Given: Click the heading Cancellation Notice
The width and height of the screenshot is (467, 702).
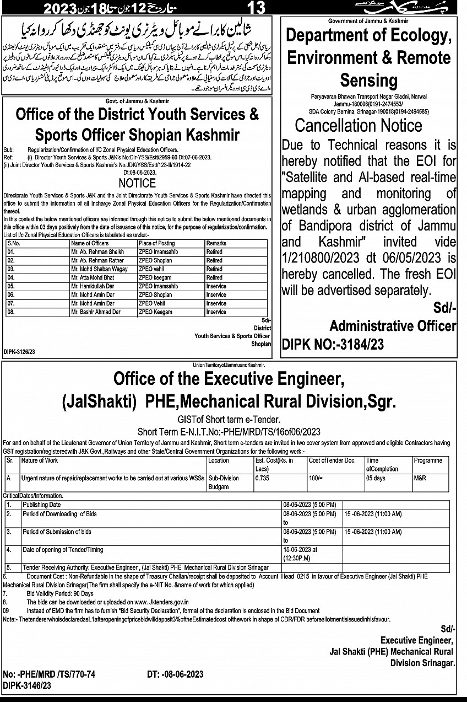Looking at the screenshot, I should pyautogui.click(x=359, y=125).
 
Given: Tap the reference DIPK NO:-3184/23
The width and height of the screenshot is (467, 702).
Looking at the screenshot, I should pyautogui.click(x=333, y=345).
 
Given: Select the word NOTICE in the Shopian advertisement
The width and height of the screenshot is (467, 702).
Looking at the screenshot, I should pyautogui.click(x=137, y=183).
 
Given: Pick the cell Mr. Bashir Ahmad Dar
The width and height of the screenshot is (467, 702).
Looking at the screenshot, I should pyautogui.click(x=96, y=312).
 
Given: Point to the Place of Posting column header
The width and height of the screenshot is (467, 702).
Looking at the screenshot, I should pyautogui.click(x=157, y=243).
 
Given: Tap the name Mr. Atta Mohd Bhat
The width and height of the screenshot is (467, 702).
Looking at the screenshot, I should pyautogui.click(x=93, y=278).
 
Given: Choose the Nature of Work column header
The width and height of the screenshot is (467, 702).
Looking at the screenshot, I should pyautogui.click(x=40, y=460).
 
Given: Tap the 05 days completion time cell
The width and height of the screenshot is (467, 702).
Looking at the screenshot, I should pyautogui.click(x=376, y=478).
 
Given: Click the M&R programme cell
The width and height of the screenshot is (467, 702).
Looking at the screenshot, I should pyautogui.click(x=420, y=478).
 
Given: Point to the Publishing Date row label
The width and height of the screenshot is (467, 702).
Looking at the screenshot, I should pyautogui.click(x=42, y=505).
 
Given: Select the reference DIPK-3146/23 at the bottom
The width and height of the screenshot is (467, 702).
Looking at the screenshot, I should pyautogui.click(x=27, y=685).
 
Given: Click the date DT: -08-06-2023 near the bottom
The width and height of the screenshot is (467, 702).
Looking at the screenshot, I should pyautogui.click(x=176, y=674).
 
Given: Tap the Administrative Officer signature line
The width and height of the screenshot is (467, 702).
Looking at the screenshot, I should pyautogui.click(x=393, y=326).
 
